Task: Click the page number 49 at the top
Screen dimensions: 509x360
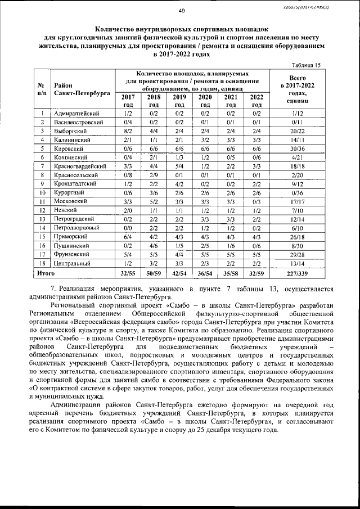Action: click(181, 10)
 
